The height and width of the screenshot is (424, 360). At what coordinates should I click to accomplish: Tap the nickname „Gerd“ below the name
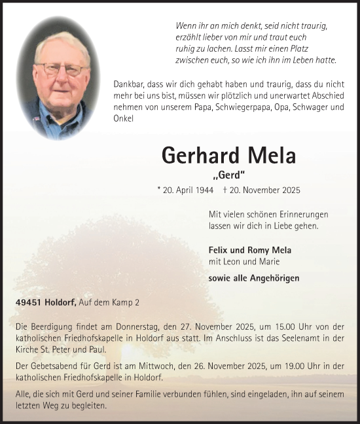[x=228, y=175]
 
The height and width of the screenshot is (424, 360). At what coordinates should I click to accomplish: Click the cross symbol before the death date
[x=225, y=190]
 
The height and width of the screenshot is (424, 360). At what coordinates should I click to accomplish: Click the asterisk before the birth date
[x=159, y=189]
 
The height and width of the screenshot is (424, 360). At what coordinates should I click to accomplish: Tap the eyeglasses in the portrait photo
[x=62, y=69]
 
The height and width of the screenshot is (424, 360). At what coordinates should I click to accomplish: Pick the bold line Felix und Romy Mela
[x=249, y=250]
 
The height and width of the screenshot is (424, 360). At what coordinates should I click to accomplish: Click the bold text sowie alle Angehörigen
[x=253, y=277]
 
